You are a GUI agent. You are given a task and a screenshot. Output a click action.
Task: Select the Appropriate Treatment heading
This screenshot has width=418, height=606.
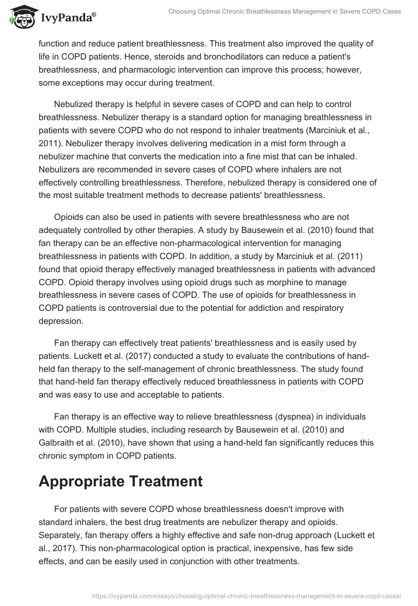120,481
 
